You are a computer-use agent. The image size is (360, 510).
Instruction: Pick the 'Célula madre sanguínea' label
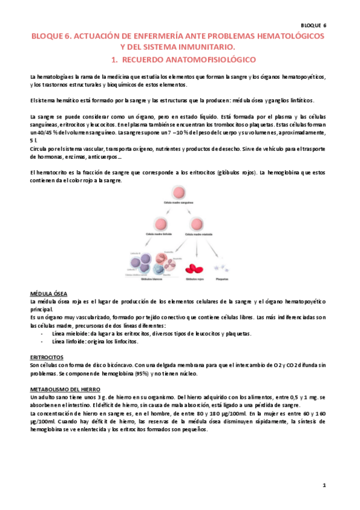click(x=180, y=205)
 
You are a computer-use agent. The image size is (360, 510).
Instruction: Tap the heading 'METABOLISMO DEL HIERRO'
click(x=66, y=389)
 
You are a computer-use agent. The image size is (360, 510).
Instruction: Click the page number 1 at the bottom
click(x=323, y=484)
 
